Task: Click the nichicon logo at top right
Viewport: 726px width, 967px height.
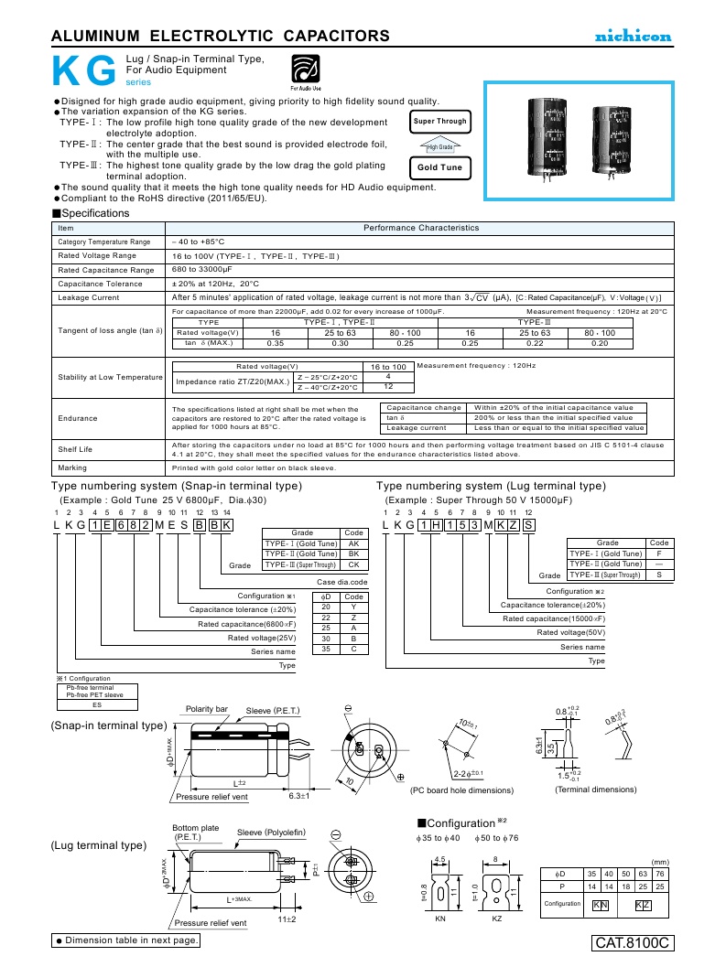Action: pyautogui.click(x=634, y=37)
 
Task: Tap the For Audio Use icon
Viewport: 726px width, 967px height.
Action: pyautogui.click(x=307, y=70)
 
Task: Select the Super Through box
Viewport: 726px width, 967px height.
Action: pyautogui.click(x=440, y=121)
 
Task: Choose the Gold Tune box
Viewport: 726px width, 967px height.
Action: pyautogui.click(x=440, y=168)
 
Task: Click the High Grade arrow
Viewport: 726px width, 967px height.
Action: pyautogui.click(x=440, y=145)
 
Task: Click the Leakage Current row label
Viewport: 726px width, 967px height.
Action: pyautogui.click(x=89, y=297)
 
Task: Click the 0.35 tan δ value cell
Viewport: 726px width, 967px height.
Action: pyautogui.click(x=275, y=342)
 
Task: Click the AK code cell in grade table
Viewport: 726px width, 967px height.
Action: pyautogui.click(x=353, y=543)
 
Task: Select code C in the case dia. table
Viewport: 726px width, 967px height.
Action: pyautogui.click(x=353, y=649)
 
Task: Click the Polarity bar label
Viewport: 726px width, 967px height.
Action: pyautogui.click(x=207, y=709)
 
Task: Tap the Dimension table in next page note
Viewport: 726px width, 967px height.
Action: pyautogui.click(x=125, y=940)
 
